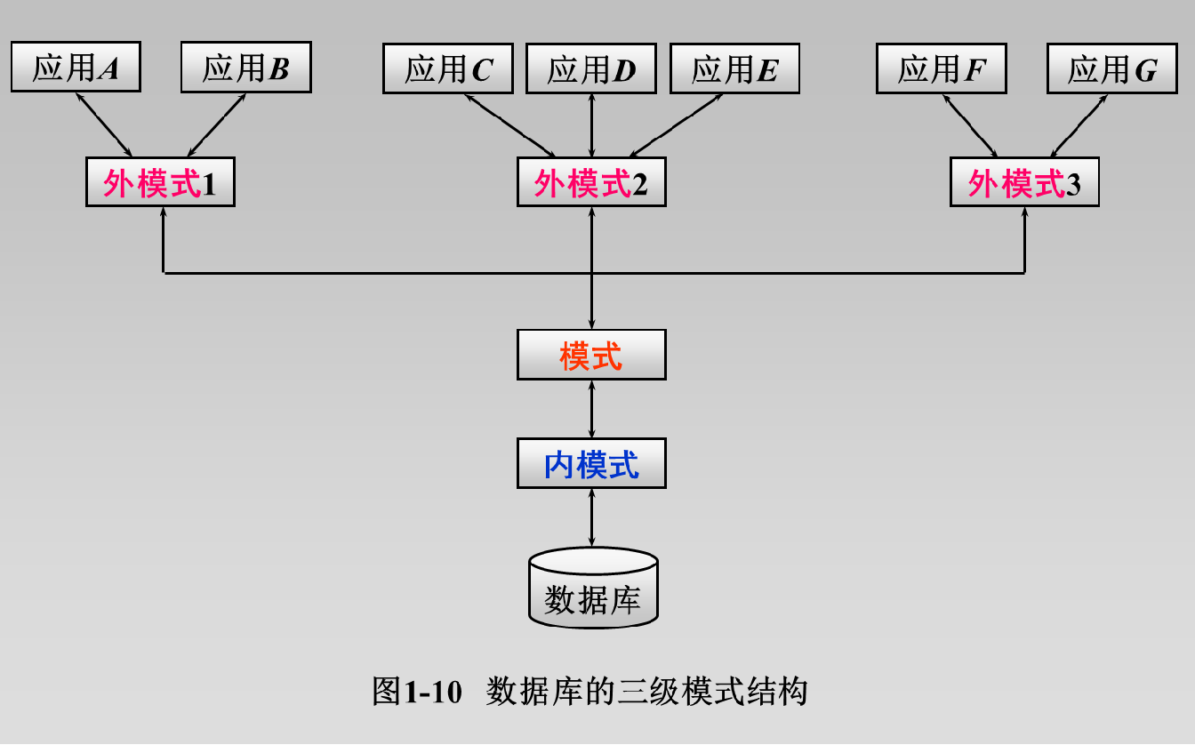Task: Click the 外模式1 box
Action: click(x=160, y=182)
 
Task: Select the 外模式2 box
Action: click(x=591, y=182)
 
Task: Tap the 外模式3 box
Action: click(x=1024, y=182)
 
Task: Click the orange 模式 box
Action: click(x=591, y=355)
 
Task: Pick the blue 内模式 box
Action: click(x=591, y=463)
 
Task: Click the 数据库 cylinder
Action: click(x=593, y=590)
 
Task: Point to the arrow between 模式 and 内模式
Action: click(x=591, y=409)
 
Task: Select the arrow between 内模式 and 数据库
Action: click(x=591, y=517)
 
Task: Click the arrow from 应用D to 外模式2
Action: click(x=591, y=125)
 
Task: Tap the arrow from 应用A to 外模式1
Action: click(x=104, y=124)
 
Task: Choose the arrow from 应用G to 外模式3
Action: click(x=1079, y=124)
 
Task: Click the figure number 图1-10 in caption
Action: click(x=418, y=691)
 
